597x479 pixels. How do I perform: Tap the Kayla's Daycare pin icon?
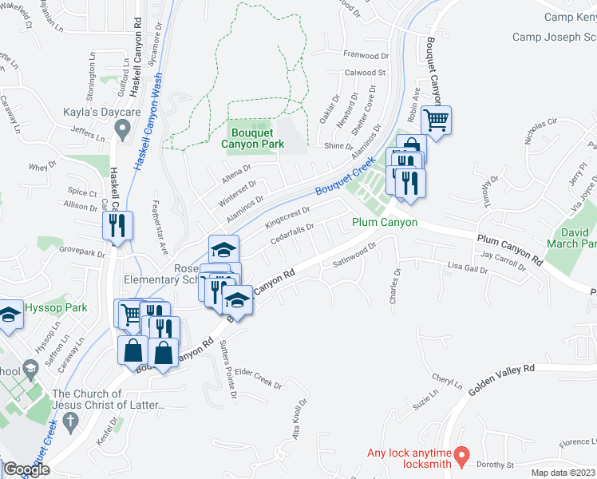[x=122, y=128]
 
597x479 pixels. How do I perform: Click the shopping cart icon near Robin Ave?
[x=436, y=121]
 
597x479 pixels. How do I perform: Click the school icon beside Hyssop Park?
[x=9, y=315]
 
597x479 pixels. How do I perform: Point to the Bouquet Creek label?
[x=345, y=179]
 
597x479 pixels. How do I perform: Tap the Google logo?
[x=26, y=469]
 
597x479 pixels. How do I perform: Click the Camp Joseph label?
[x=554, y=37]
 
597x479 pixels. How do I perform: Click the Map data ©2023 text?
[x=563, y=473]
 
